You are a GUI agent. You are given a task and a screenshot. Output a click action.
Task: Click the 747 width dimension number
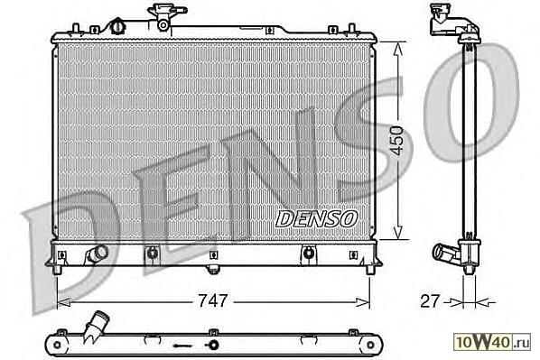tap(213, 300)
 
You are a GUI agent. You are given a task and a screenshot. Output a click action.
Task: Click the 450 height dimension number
tap(397, 141)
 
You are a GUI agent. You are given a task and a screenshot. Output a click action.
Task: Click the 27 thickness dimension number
tap(431, 300)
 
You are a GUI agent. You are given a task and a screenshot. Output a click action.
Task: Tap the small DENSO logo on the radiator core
tap(316, 219)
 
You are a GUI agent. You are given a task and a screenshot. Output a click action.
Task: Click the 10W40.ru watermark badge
tap(492, 342)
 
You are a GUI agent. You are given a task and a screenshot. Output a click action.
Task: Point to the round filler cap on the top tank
tap(117, 27)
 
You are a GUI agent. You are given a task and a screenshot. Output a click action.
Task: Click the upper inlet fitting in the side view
tap(452, 21)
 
